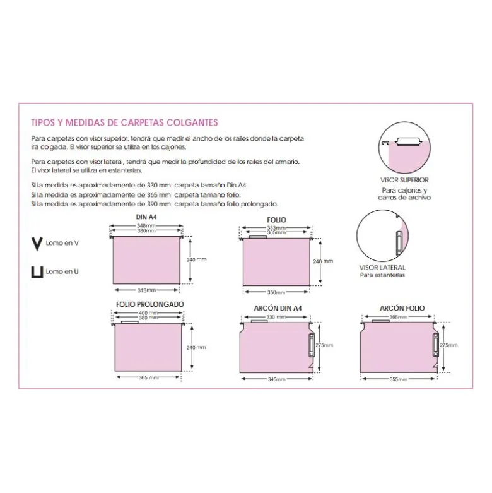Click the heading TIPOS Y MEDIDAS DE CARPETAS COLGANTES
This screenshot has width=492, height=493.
click(124, 122)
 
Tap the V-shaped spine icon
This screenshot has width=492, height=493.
click(37, 244)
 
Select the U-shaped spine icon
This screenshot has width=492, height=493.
click(37, 273)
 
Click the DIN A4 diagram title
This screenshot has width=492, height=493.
click(146, 217)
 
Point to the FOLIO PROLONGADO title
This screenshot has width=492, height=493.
click(150, 304)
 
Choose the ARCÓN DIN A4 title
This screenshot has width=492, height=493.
click(278, 309)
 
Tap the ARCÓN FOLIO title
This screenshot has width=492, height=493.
click(402, 309)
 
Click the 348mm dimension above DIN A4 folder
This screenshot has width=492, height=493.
click(146, 226)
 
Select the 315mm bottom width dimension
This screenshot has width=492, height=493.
click(146, 290)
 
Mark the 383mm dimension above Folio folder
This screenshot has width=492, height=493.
click(276, 228)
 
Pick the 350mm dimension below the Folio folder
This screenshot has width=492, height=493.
click(276, 292)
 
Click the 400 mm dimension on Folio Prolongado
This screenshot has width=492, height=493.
click(148, 313)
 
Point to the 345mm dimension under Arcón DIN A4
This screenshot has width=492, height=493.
click(276, 379)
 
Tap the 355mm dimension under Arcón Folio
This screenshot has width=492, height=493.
click(399, 379)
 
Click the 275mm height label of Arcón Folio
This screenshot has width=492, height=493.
click(448, 345)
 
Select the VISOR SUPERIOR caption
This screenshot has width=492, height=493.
click(404, 180)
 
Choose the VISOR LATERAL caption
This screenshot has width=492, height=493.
click(382, 268)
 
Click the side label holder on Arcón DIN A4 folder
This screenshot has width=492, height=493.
click(310, 345)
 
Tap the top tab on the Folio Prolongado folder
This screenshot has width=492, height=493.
click(129, 323)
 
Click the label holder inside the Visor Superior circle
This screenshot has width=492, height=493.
click(408, 141)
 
